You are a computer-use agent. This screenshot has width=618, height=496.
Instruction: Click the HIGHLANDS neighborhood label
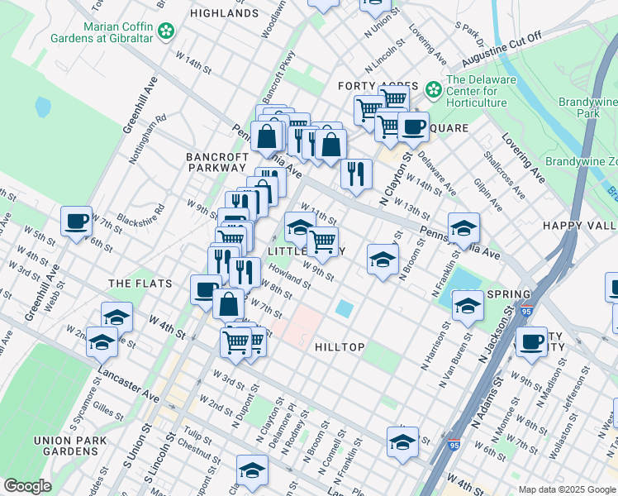tap(223, 13)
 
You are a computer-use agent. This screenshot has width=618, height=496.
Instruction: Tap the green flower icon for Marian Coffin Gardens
tap(167, 31)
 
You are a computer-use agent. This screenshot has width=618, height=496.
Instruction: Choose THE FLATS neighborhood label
tap(140, 284)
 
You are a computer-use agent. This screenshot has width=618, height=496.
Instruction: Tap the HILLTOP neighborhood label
tap(340, 347)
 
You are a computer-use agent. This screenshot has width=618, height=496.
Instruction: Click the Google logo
tap(27, 486)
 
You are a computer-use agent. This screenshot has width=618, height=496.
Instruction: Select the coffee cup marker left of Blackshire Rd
tap(77, 222)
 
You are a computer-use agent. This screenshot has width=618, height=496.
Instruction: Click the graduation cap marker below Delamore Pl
tap(252, 469)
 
